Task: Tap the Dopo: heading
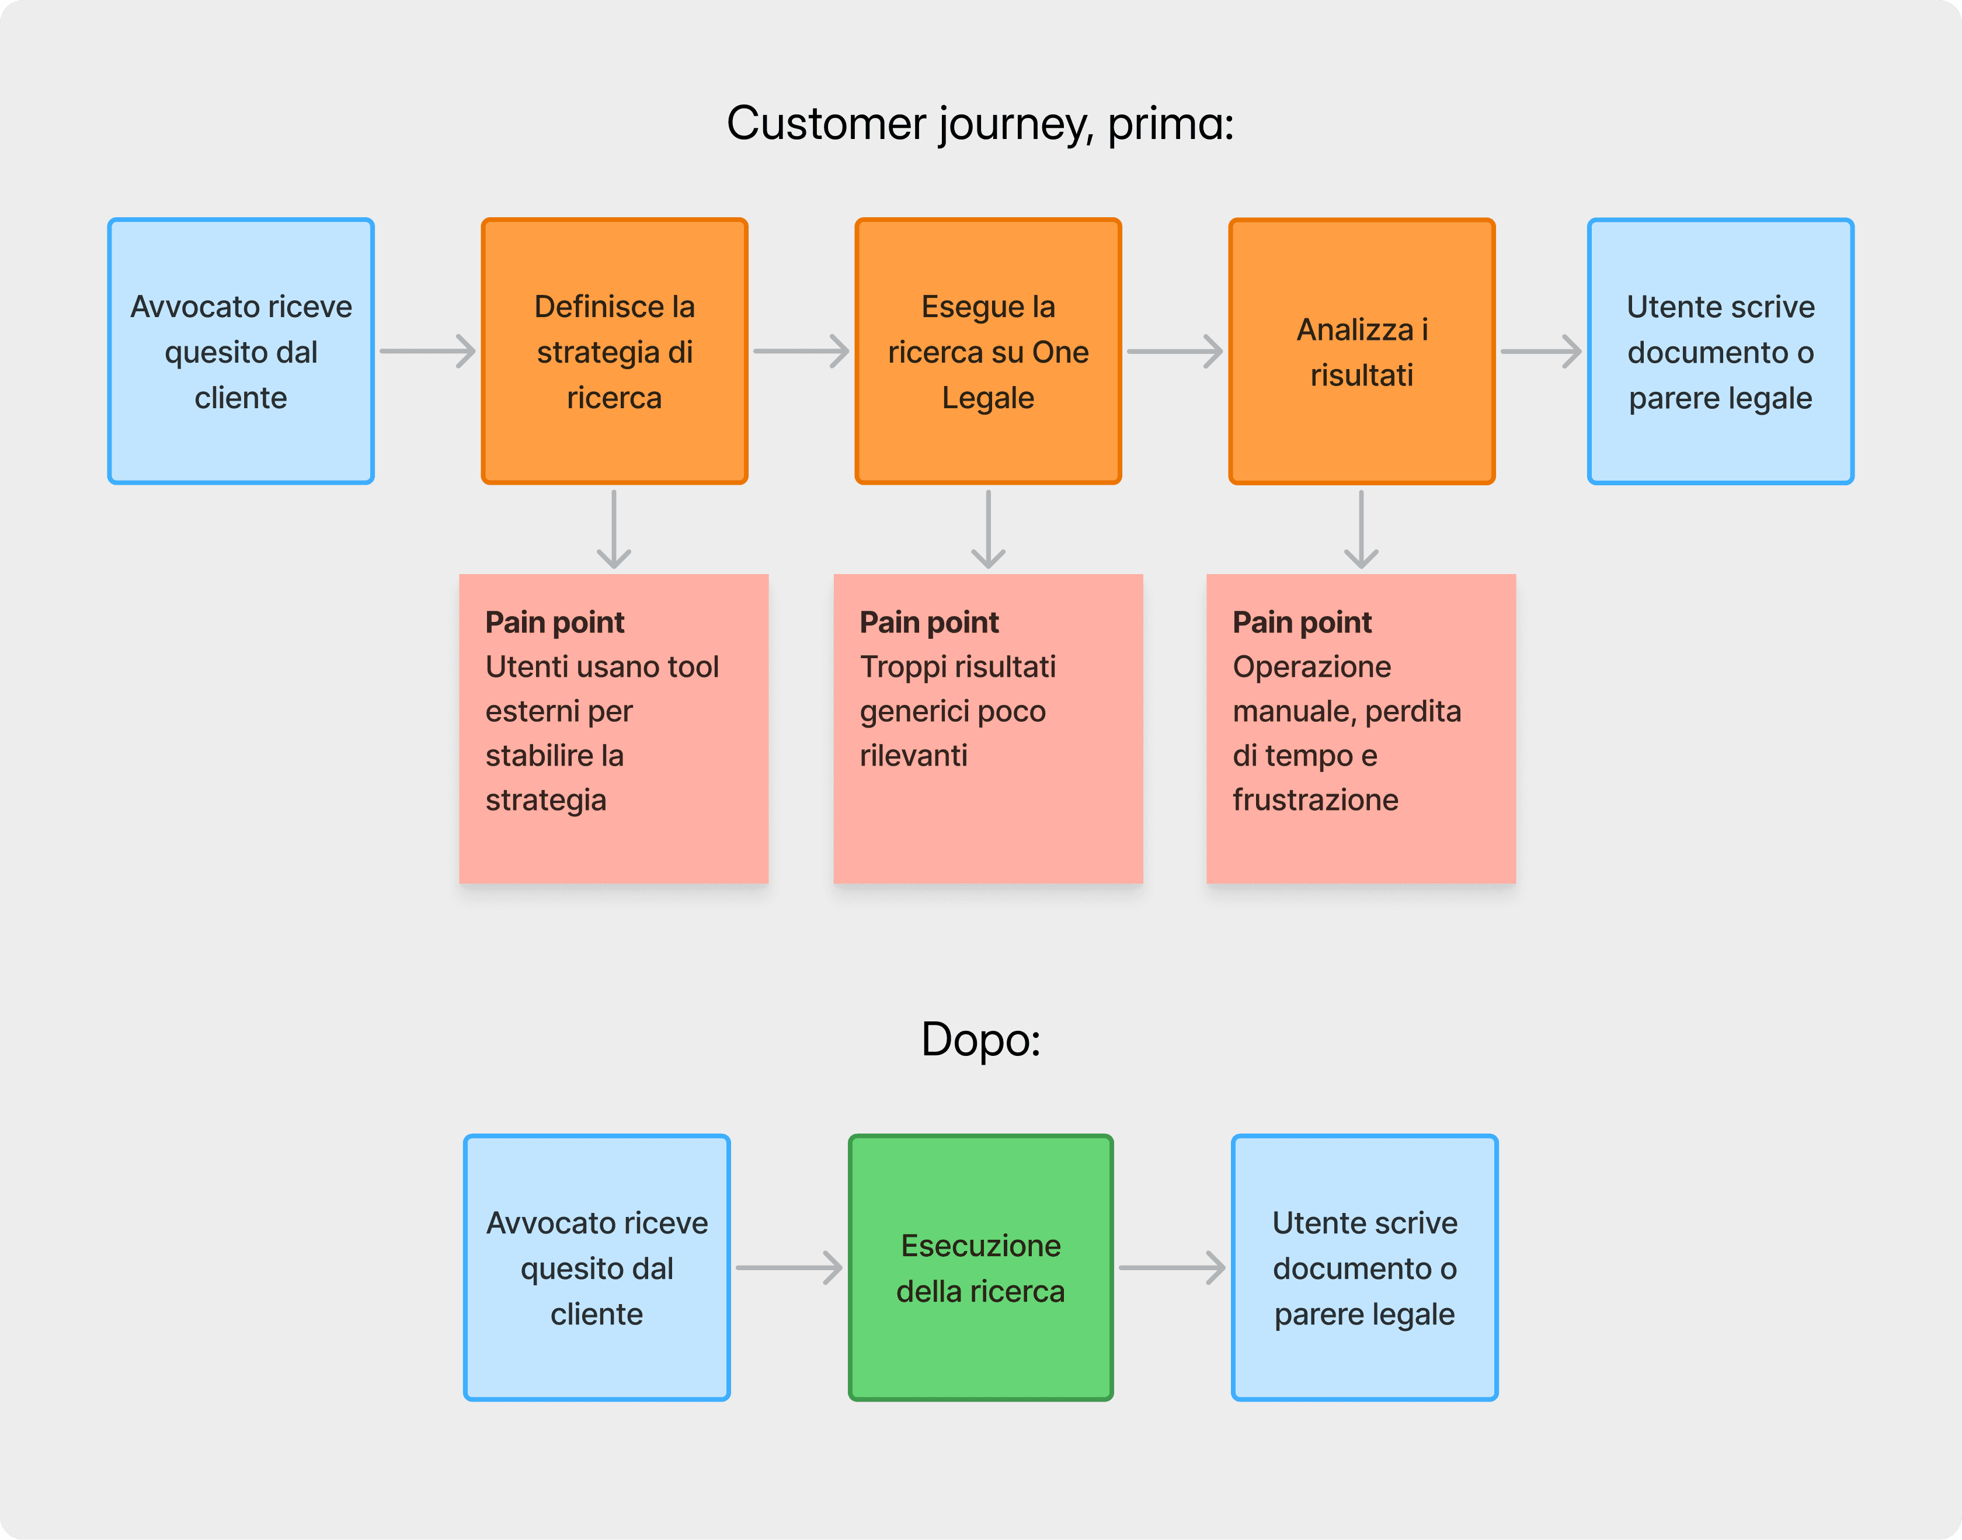pos(980,1040)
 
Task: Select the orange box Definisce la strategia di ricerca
pos(614,351)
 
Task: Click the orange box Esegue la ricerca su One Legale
pos(988,351)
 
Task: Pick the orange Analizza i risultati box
pos(1362,351)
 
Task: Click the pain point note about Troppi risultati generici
pos(988,728)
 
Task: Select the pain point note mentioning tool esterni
pos(614,728)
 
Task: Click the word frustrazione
pos(1316,799)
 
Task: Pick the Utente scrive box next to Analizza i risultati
pos(1720,351)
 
